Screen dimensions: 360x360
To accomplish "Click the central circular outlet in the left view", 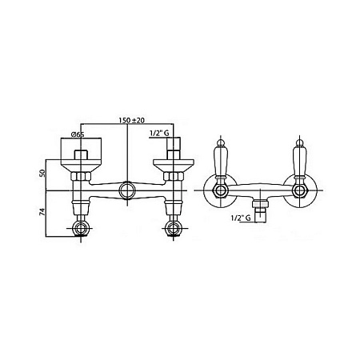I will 126,190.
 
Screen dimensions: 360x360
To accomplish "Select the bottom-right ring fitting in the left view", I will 174,229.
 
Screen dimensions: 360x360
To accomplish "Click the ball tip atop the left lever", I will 220,142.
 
